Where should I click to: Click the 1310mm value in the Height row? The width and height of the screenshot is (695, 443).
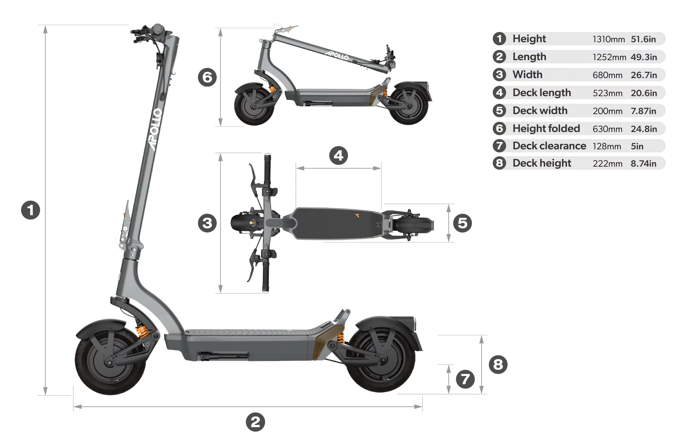(608, 39)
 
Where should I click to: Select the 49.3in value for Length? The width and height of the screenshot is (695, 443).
(644, 57)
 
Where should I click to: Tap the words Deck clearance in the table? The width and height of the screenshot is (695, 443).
(549, 146)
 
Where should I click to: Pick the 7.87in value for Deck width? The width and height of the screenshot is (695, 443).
(643, 111)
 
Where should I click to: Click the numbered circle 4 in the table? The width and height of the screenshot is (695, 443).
(499, 93)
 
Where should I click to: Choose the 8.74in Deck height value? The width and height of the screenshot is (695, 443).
(643, 164)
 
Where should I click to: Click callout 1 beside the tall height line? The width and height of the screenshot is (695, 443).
(30, 210)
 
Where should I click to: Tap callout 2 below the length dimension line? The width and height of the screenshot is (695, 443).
(255, 422)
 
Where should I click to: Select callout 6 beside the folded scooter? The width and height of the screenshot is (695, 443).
(207, 77)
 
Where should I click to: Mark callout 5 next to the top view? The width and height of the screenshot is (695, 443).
(462, 223)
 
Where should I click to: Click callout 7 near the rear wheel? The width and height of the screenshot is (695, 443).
(465, 379)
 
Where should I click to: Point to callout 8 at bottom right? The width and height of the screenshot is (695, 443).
(498, 364)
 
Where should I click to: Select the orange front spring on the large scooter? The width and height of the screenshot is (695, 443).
(142, 331)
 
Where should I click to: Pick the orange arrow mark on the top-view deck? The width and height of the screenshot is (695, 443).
(357, 215)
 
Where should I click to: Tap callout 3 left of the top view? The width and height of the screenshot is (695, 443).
(207, 223)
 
